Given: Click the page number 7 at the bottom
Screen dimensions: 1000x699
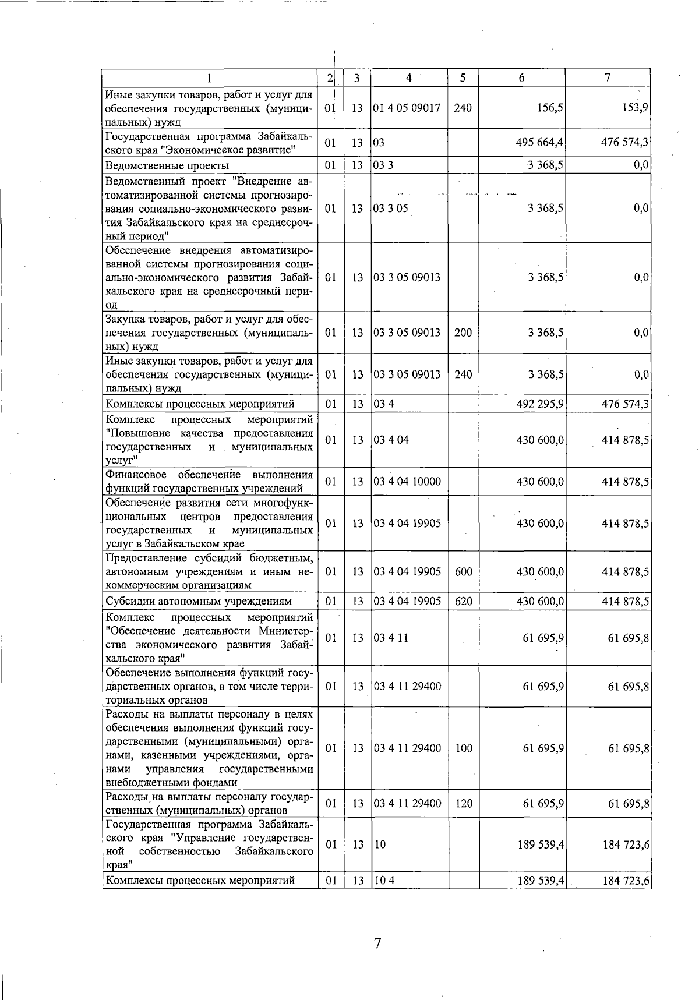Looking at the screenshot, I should tap(377, 943).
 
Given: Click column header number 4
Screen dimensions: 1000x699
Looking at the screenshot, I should tap(409, 77).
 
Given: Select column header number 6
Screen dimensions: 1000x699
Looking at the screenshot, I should tap(521, 78).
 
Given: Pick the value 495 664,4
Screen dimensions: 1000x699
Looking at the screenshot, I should tap(539, 143).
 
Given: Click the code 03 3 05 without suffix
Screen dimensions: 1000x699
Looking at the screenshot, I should tap(391, 209).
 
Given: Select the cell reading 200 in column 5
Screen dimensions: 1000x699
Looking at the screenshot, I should tap(463, 333).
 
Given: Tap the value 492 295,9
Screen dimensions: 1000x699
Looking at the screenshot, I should tap(539, 404).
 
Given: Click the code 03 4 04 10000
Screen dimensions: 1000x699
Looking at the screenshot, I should tap(407, 482).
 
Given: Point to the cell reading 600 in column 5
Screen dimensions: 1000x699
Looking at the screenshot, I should tap(463, 572).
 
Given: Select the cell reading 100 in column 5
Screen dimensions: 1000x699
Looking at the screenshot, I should tap(463, 748).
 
